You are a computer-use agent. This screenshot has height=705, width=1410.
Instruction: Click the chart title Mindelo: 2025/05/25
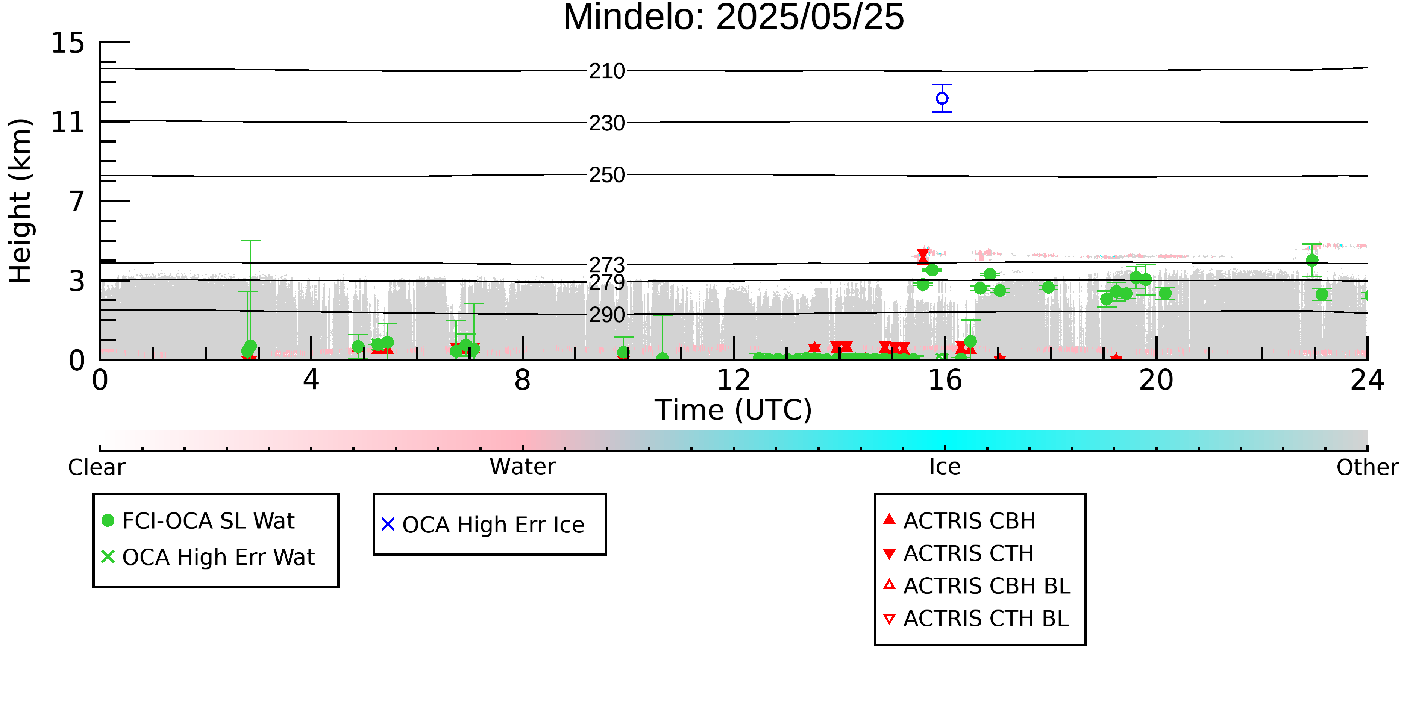[x=734, y=18]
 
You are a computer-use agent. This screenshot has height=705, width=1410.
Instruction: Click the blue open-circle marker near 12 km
[x=942, y=99]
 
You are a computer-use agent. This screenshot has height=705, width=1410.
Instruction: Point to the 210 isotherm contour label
[x=607, y=71]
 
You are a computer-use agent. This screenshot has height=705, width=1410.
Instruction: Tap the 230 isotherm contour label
[x=607, y=124]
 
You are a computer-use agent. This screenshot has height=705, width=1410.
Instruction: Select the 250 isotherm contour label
[x=607, y=175]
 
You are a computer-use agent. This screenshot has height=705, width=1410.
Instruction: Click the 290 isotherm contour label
[x=607, y=315]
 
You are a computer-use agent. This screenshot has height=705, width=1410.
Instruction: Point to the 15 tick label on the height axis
[x=68, y=43]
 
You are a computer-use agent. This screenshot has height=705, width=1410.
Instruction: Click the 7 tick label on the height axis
[x=77, y=202]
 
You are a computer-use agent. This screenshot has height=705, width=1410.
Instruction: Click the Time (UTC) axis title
[x=734, y=410]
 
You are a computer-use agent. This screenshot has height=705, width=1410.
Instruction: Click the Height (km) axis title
[x=21, y=201]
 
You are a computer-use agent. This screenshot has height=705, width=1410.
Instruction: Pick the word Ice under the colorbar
[x=945, y=467]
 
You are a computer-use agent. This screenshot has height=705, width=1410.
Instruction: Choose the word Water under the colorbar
[x=523, y=467]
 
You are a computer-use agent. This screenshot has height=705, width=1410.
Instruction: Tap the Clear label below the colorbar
[x=96, y=467]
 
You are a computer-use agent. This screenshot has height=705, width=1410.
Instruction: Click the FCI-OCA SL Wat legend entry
[x=198, y=520]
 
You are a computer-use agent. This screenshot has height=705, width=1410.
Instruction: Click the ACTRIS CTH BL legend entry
[x=976, y=619]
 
